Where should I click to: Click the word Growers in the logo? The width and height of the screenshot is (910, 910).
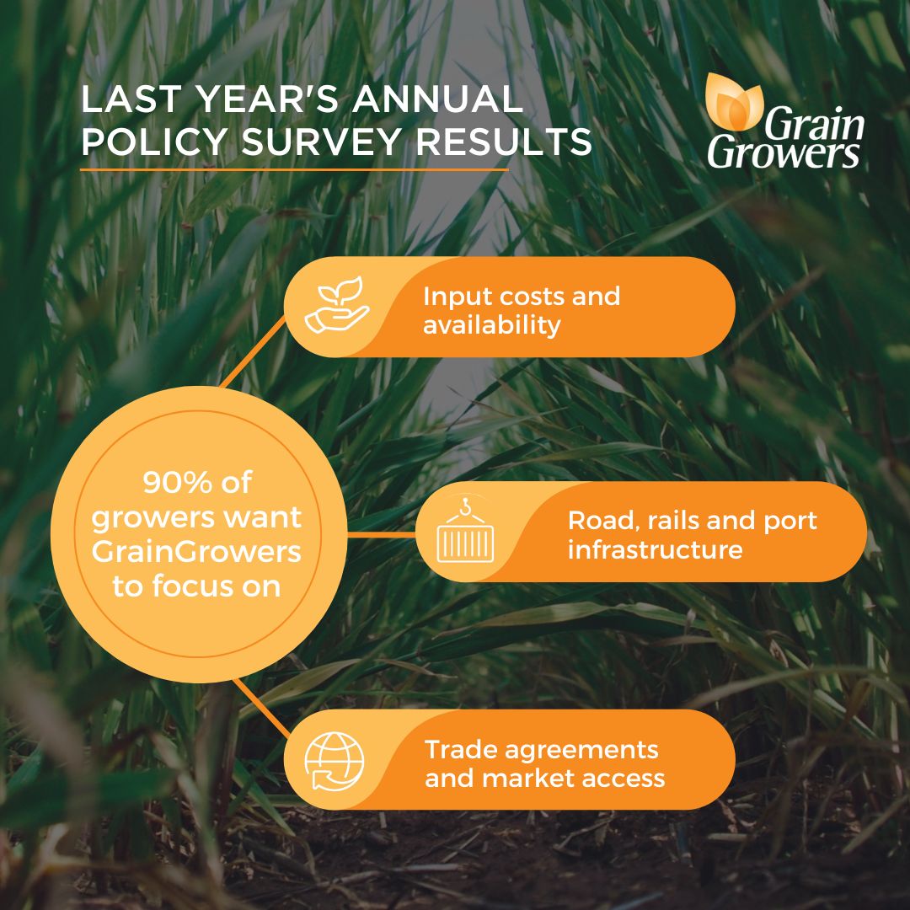point(784,153)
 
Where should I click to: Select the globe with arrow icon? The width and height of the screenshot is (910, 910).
point(335,759)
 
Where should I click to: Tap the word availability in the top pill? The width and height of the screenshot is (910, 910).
point(492,325)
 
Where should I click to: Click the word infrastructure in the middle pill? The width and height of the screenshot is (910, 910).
point(655,550)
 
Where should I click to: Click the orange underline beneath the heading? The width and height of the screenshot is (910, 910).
point(294,169)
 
